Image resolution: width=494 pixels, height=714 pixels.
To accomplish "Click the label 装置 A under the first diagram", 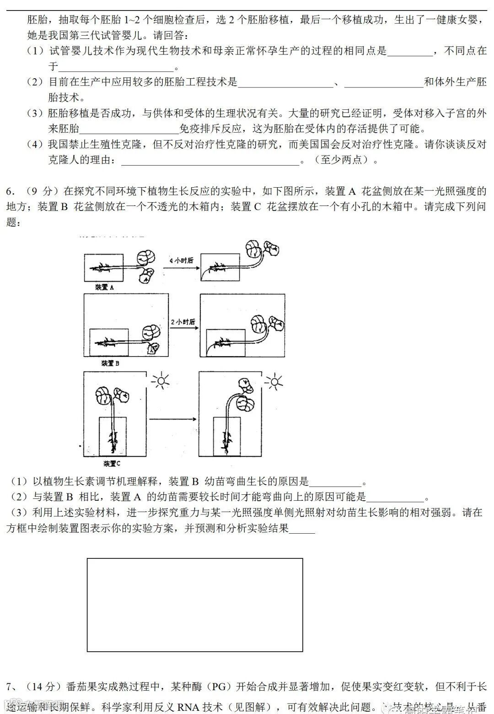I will (x=104, y=287).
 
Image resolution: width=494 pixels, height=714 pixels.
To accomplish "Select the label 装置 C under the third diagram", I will (x=112, y=463).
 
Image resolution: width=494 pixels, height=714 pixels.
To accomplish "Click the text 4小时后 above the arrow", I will (x=181, y=260).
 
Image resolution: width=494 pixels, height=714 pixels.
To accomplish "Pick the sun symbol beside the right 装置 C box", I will (x=274, y=381).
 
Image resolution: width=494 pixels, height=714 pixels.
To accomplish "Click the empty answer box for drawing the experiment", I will (x=195, y=605).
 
